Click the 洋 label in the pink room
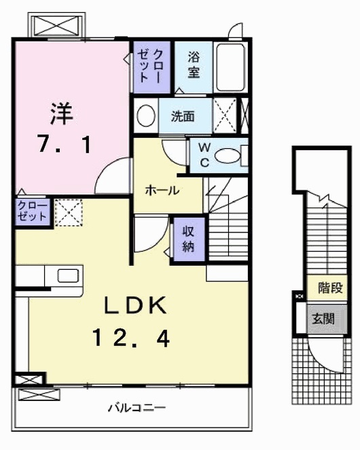click(61, 114)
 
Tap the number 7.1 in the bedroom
click(65, 144)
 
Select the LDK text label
click(135, 305)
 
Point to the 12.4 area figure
click(131, 338)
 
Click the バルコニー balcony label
click(137, 408)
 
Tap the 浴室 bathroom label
click(194, 65)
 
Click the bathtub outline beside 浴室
click(230, 67)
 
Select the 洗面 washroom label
click(183, 116)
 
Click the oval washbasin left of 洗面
click(146, 116)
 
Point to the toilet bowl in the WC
click(228, 156)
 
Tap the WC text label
click(204, 155)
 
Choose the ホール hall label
click(162, 190)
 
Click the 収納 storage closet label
click(188, 239)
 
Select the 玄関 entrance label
click(323, 318)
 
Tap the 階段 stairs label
click(331, 288)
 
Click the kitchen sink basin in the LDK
click(68, 275)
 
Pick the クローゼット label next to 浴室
click(150, 67)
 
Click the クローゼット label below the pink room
click(32, 211)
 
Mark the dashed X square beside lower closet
click(69, 213)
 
